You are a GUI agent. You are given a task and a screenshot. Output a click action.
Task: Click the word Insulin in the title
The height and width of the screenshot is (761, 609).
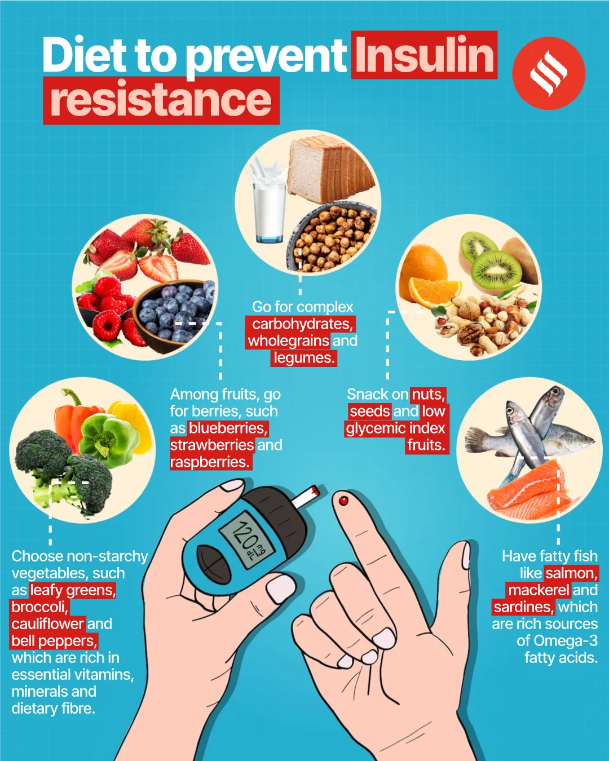424,55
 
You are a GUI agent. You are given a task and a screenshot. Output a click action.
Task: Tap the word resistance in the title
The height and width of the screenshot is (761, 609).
161,100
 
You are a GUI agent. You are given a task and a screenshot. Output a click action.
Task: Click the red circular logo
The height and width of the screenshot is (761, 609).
548,73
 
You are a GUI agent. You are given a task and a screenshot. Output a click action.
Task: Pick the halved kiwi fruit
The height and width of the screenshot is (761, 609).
496,269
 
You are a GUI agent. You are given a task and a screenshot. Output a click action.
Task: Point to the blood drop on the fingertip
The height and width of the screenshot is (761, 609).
343,500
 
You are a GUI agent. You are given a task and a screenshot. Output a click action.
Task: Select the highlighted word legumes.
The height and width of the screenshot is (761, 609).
303,358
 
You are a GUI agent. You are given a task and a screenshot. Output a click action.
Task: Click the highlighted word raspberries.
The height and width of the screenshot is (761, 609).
209,462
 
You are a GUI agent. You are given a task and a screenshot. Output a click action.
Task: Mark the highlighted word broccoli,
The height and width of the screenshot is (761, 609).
39,607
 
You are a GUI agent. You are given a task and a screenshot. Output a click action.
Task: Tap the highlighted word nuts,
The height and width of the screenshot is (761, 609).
429,395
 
